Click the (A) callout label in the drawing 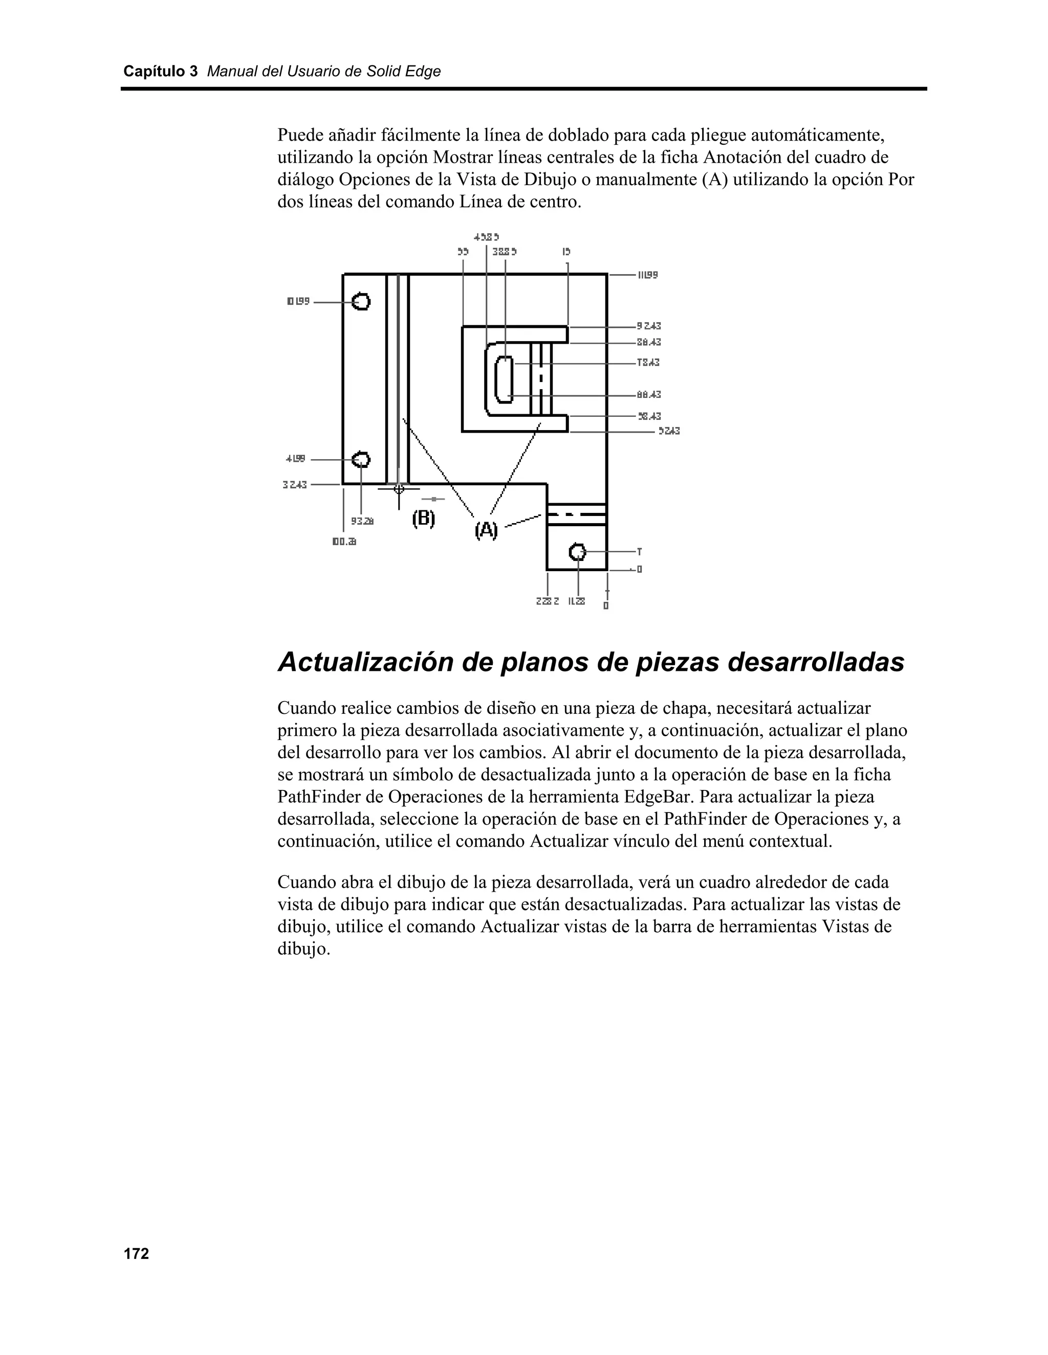[x=486, y=530]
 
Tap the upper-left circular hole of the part [x=361, y=302]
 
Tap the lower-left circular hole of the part [x=361, y=460]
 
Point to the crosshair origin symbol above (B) [x=399, y=489]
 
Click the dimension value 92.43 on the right [x=649, y=326]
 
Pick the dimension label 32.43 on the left [x=295, y=485]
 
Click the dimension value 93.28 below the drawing [x=363, y=521]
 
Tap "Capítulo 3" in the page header [x=160, y=72]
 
